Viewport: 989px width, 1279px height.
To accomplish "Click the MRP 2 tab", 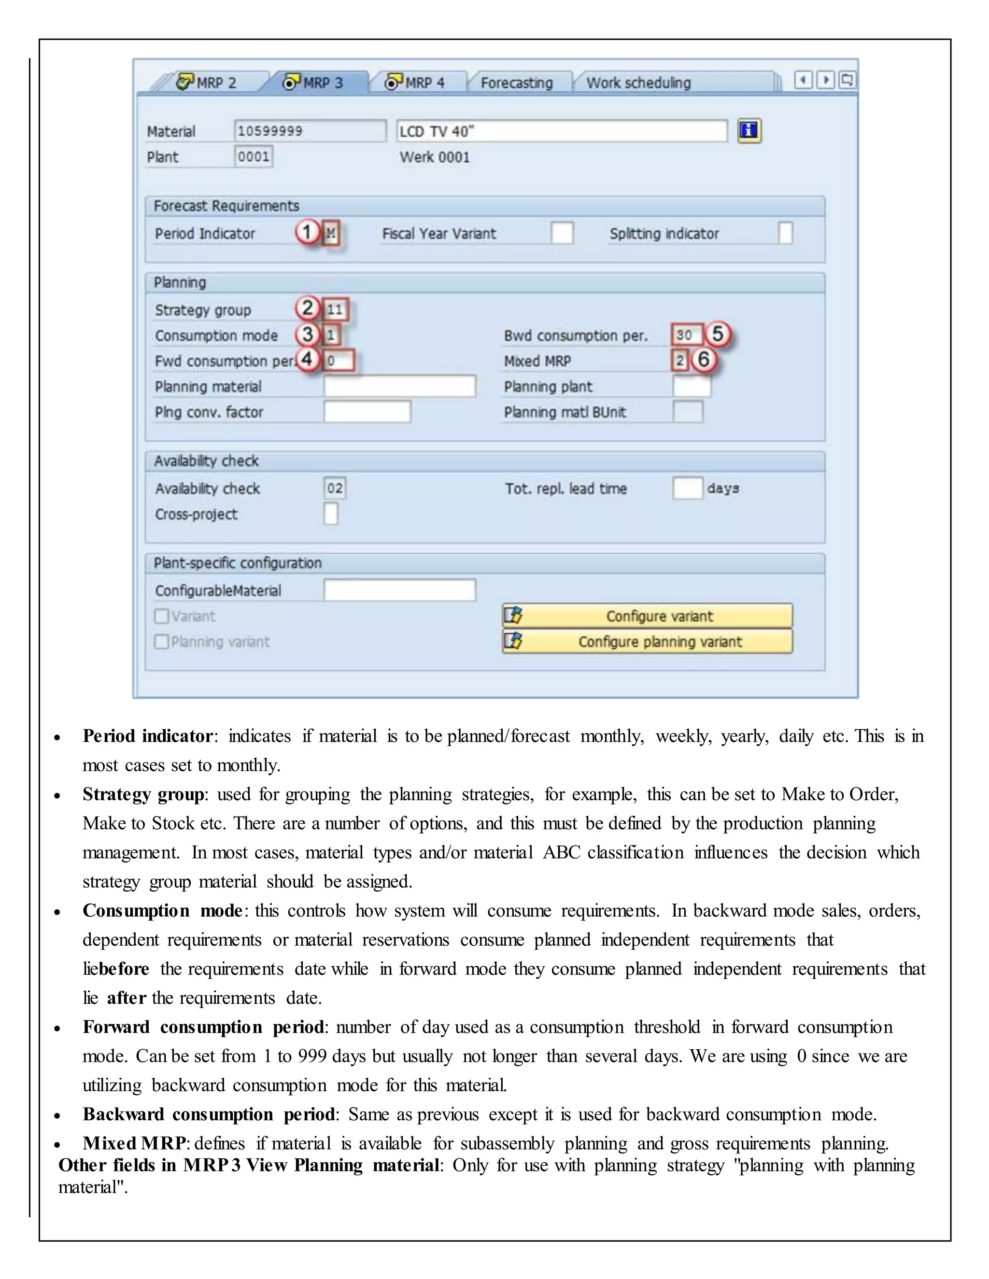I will coord(208,83).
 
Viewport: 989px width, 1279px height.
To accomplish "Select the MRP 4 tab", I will coord(416,83).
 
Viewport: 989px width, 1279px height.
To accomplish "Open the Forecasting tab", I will coord(516,83).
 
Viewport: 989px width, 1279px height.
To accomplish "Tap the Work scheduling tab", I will coord(638,83).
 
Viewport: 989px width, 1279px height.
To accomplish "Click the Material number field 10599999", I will coord(310,131).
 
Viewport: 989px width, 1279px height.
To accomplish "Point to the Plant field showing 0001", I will coord(253,157).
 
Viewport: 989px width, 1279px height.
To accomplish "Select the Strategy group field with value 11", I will coord(336,309).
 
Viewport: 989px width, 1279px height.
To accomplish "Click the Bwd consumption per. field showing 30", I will coord(686,335).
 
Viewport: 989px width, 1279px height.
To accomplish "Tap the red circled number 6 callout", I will coord(704,360).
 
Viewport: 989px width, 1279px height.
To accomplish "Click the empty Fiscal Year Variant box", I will coord(561,233).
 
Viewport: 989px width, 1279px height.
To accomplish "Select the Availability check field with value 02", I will coord(335,488).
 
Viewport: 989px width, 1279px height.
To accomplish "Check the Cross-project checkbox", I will coord(330,514).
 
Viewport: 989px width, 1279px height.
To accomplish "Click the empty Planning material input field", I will coord(399,386).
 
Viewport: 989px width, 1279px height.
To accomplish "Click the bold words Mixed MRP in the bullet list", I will coord(134,1142).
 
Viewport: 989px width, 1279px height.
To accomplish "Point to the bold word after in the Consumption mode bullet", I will coord(126,997).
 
